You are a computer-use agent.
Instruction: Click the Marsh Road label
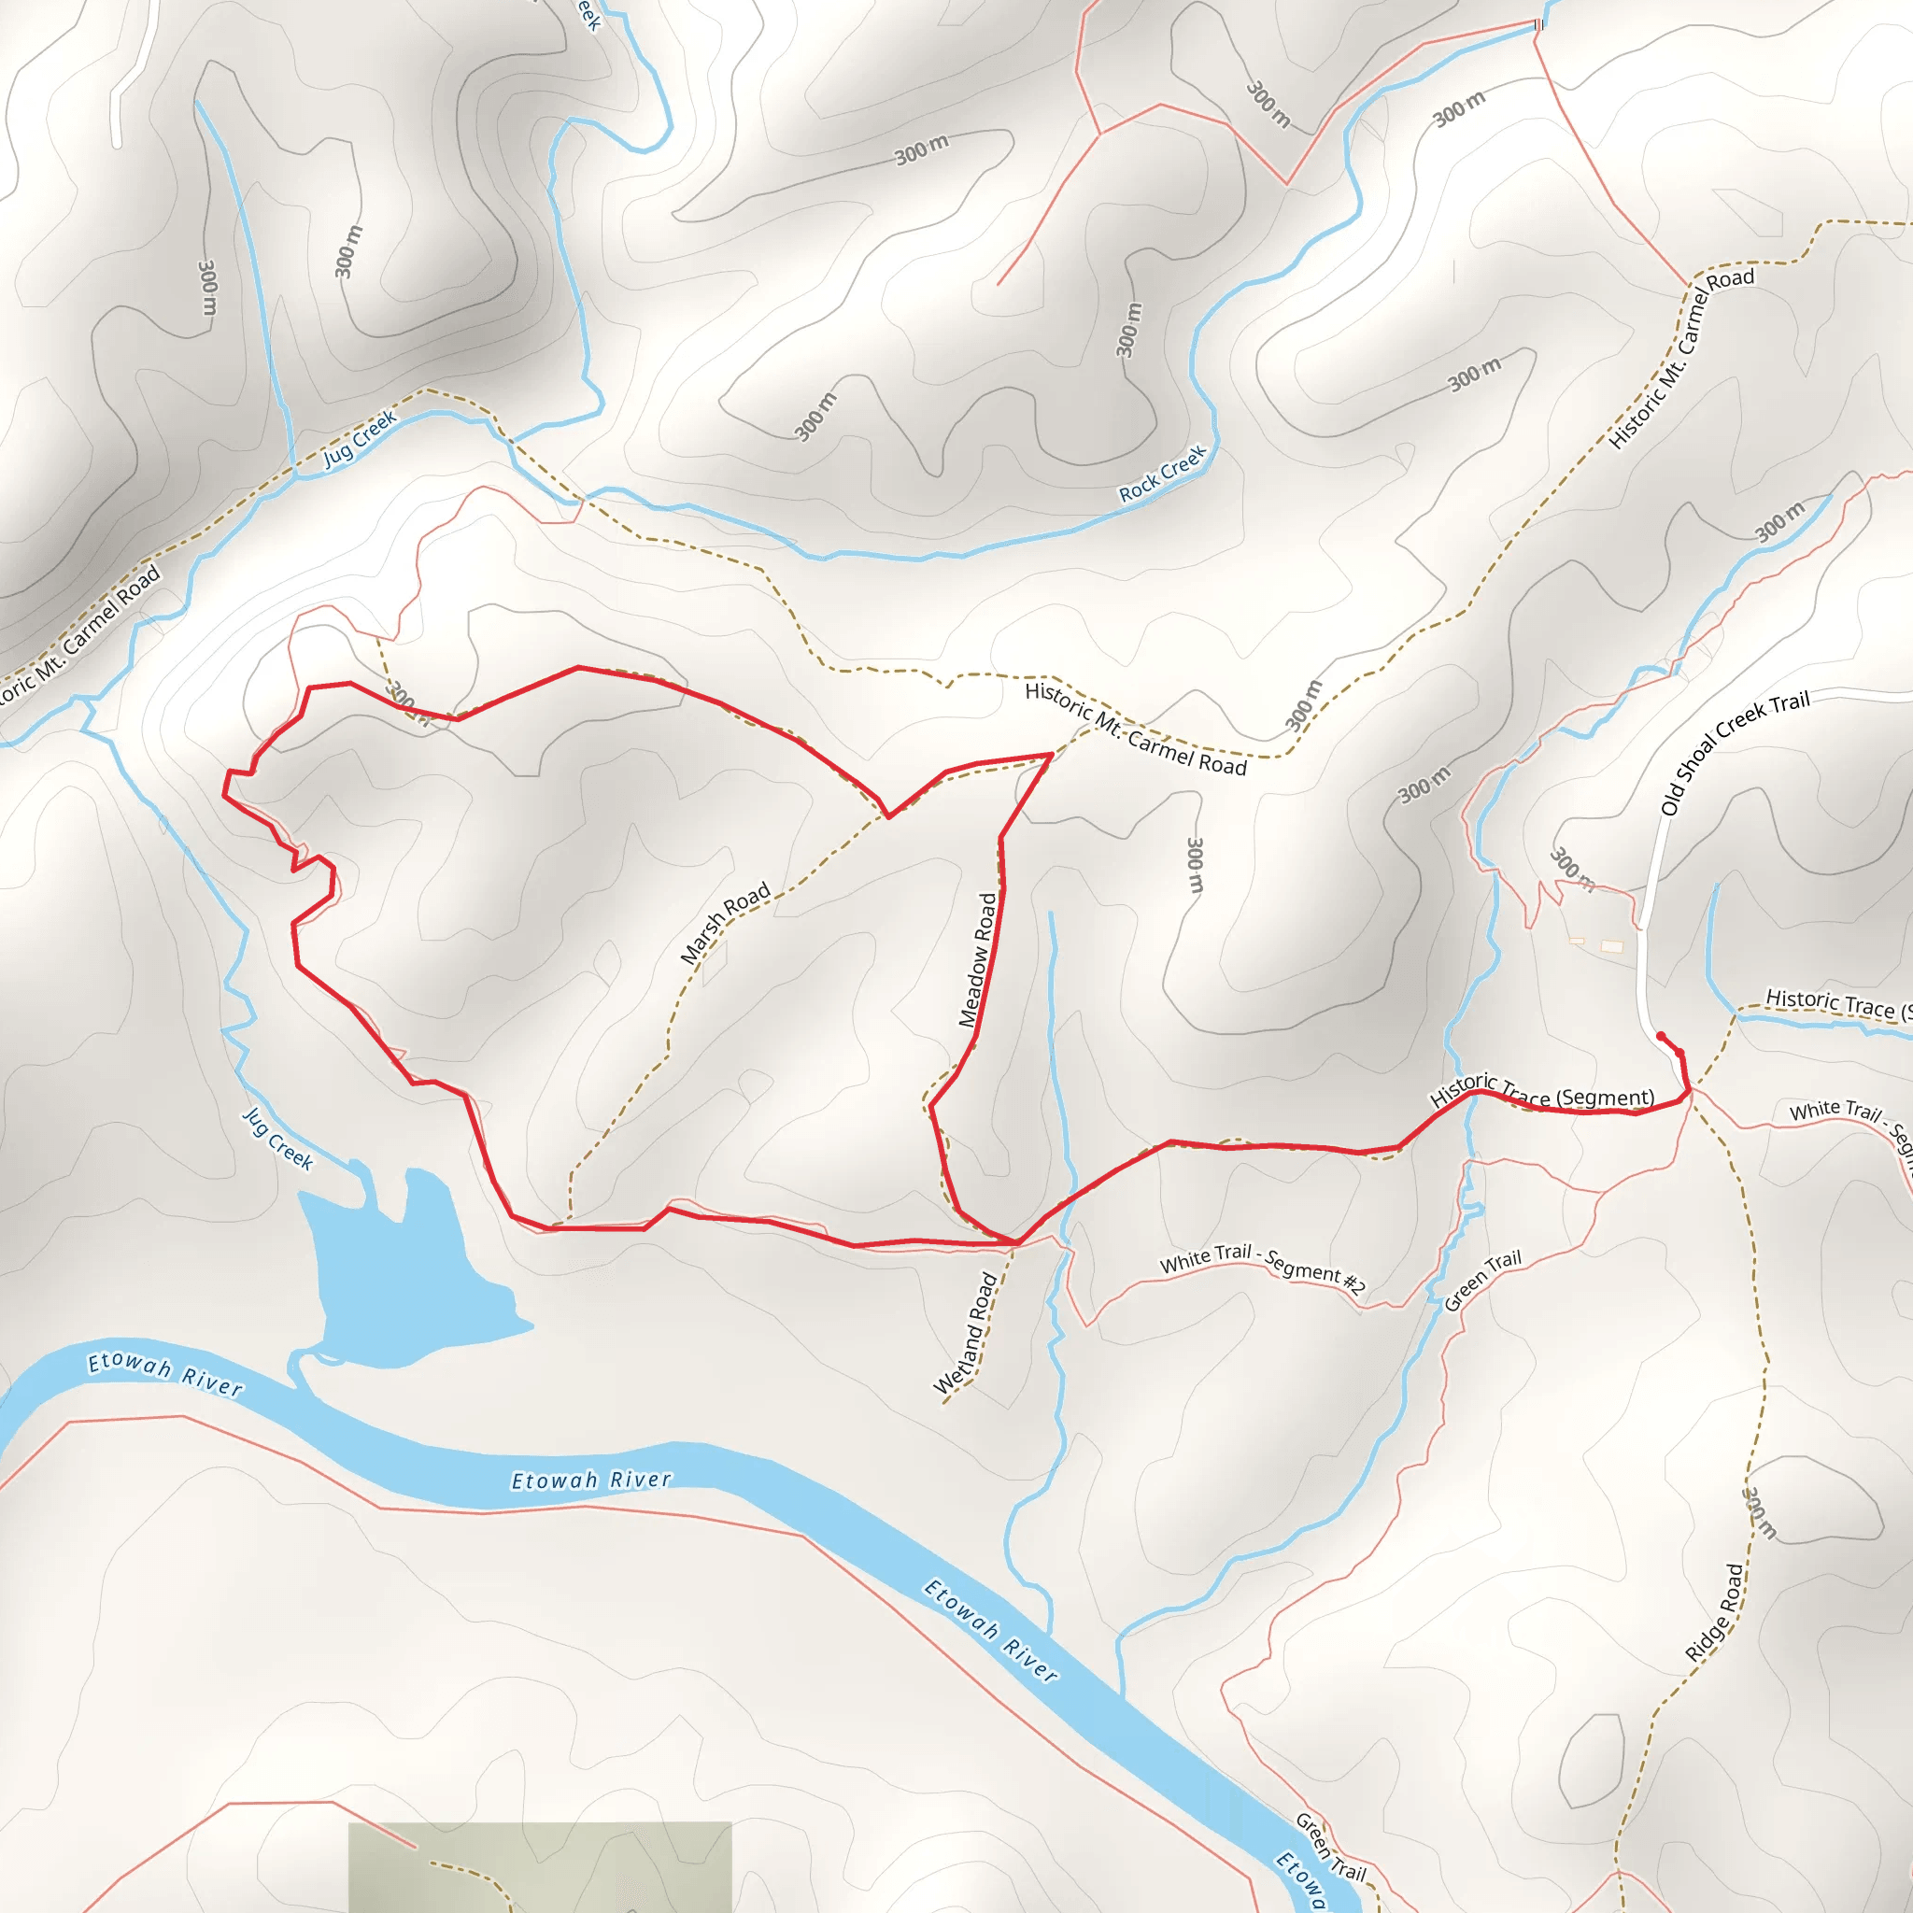coord(725,923)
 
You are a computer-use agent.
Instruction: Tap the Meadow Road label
coord(977,959)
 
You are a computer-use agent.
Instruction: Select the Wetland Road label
coord(966,1334)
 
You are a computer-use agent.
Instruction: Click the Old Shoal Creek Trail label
coord(1735,752)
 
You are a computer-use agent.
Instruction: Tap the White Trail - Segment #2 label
coord(1263,1268)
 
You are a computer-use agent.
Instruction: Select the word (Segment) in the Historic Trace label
coord(1605,1098)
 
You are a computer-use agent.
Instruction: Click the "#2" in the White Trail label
coord(1353,1283)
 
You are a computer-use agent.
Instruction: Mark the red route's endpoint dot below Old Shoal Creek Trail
coord(1661,1037)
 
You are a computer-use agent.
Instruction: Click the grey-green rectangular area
coord(540,1865)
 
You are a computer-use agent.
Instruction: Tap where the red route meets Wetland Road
coord(1016,1242)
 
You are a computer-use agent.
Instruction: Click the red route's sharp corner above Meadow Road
coord(1051,756)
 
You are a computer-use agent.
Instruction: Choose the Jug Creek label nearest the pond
coord(278,1140)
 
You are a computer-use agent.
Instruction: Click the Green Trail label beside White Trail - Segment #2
coord(1482,1281)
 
